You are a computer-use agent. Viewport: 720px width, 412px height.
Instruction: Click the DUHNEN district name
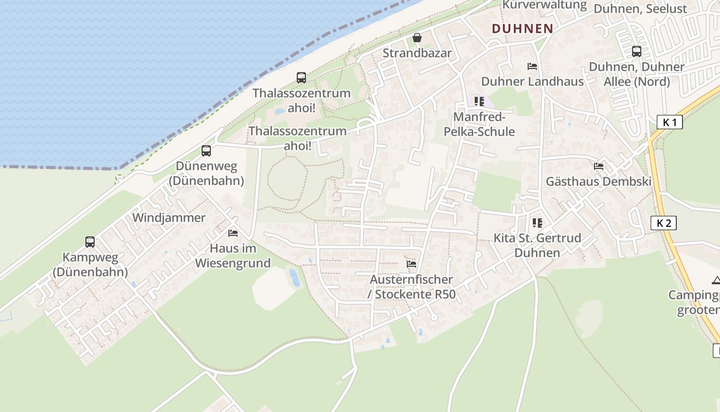(522, 29)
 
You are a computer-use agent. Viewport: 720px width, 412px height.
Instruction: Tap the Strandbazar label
(417, 53)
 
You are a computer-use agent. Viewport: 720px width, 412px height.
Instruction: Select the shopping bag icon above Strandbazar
(417, 38)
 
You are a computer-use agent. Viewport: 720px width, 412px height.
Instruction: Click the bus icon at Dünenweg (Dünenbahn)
(206, 151)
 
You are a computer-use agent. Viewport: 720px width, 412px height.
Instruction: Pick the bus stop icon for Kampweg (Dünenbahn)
(90, 242)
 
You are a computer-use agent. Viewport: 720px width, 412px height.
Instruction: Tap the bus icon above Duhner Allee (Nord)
(637, 51)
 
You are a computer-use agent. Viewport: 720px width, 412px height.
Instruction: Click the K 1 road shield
(670, 123)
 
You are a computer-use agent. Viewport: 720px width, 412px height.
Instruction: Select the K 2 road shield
(663, 223)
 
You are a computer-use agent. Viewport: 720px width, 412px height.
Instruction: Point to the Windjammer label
(169, 218)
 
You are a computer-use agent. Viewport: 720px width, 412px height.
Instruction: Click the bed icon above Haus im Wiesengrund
(233, 233)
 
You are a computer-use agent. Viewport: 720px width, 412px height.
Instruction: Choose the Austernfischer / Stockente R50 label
(411, 287)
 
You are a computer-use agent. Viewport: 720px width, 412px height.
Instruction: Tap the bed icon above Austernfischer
(411, 264)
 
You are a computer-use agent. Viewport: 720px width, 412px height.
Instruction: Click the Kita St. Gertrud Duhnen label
(537, 246)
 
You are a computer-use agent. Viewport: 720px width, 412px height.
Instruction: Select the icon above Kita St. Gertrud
(537, 223)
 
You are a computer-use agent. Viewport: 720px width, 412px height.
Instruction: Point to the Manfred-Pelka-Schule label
(479, 125)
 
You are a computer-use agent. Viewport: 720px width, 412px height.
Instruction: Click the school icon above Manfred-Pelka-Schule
(479, 101)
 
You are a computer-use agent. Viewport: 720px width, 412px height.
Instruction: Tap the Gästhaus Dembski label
(599, 182)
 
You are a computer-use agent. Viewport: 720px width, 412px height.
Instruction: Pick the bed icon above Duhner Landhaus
(532, 66)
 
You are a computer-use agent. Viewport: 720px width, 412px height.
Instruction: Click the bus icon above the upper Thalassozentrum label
(301, 78)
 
